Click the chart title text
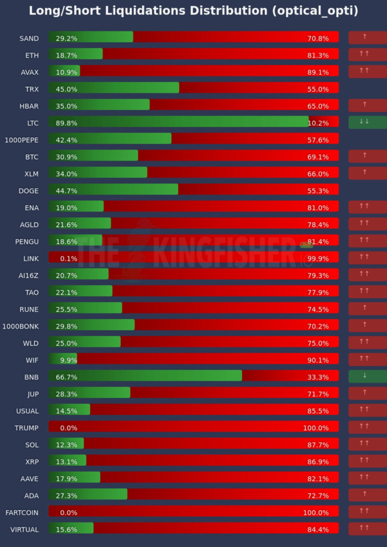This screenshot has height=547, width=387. coord(193,11)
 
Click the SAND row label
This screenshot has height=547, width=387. coord(29,38)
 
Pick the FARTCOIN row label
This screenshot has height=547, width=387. coord(22,512)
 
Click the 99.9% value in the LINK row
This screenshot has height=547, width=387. coord(318,259)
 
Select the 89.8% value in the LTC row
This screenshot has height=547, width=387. coord(66,123)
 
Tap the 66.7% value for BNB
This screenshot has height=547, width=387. coord(66,377)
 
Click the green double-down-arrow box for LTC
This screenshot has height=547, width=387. coord(367,122)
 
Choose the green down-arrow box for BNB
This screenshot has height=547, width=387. coord(367,376)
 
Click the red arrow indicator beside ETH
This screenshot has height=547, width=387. coord(367,54)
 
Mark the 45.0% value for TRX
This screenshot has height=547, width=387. coord(66,89)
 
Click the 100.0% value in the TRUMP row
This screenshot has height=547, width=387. coord(316,428)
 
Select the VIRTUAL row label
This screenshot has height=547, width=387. coord(25,529)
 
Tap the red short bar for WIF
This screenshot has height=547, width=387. coord(208,360)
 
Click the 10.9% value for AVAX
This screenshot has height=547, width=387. coord(66,72)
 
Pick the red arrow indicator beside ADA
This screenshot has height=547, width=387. coord(367,495)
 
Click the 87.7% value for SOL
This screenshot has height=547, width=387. coord(318,445)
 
